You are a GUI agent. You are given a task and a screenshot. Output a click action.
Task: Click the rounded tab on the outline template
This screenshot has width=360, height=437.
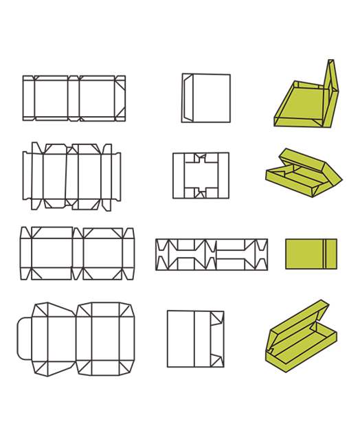click(x=24, y=338)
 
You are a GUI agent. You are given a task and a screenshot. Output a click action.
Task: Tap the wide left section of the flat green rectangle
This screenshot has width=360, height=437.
click(x=303, y=254)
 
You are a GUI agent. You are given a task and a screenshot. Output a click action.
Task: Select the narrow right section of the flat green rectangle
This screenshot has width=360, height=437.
click(x=330, y=254)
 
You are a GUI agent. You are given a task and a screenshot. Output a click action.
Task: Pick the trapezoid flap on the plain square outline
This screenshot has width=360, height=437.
click(x=187, y=98)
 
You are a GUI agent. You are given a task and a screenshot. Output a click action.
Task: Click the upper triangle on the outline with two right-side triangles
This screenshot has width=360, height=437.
click(x=217, y=319)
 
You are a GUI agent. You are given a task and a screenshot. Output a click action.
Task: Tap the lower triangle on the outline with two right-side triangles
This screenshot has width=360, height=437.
click(x=217, y=359)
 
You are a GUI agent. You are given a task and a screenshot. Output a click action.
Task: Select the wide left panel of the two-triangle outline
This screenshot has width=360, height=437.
click(x=180, y=339)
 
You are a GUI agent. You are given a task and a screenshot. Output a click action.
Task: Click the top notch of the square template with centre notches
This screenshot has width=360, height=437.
click(x=200, y=159)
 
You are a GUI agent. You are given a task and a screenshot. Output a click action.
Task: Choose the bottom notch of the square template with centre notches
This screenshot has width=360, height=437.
click(x=200, y=192)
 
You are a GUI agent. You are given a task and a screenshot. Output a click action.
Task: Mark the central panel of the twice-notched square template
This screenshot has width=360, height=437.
click(x=200, y=175)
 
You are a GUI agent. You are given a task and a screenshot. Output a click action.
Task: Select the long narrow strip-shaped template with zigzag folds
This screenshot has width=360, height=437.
click(x=212, y=254)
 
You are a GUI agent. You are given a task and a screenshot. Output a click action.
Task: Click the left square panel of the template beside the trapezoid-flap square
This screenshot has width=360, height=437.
click(x=51, y=98)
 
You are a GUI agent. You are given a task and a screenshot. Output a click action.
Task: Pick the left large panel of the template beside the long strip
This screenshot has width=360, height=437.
click(x=52, y=254)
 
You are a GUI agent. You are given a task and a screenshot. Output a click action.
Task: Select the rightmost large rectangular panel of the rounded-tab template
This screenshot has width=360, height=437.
click(x=105, y=339)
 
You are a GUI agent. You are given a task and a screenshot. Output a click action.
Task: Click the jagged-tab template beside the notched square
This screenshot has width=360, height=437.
click(x=72, y=176)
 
